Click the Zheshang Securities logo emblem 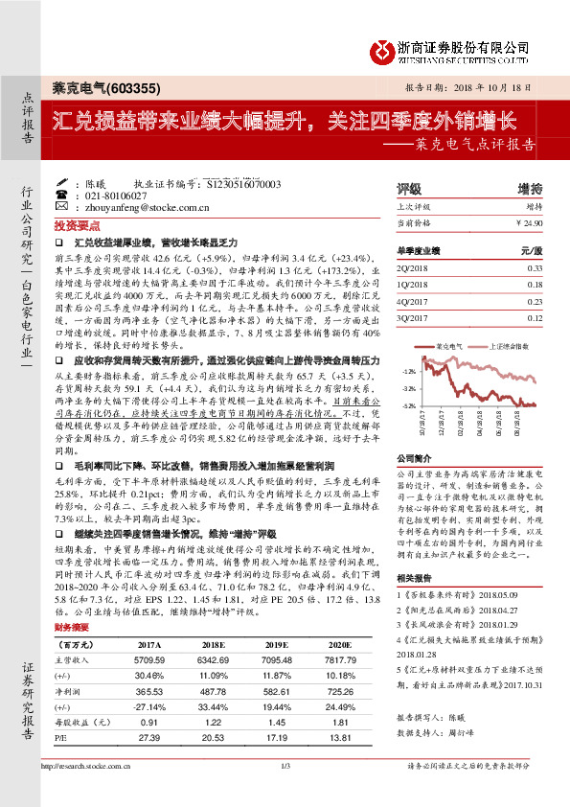[x=383, y=48]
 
